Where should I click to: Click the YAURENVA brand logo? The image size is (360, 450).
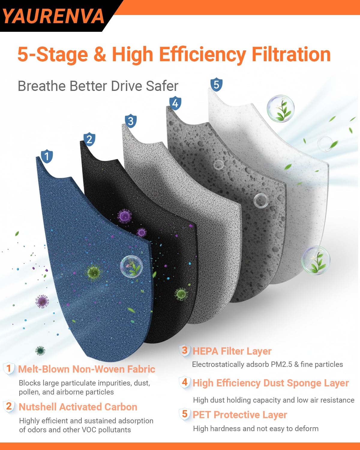53,16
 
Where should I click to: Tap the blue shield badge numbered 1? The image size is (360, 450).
47,156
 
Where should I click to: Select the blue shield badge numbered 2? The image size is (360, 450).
89,139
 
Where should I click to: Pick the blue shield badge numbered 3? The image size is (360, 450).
131,121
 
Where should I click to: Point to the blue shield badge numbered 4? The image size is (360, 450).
175,103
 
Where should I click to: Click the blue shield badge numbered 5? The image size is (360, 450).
217,85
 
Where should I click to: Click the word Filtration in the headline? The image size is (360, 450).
291,54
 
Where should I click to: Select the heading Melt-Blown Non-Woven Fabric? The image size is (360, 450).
87,369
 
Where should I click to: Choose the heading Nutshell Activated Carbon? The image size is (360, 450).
78,407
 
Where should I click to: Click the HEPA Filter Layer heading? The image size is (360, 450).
232,351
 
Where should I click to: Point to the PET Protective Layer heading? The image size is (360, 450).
240,415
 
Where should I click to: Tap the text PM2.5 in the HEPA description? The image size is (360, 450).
281,364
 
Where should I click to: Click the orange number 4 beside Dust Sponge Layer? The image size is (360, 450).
185,382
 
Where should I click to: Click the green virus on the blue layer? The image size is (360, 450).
94,272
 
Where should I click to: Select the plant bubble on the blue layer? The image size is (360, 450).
132,267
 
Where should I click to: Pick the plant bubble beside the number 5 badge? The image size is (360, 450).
280,109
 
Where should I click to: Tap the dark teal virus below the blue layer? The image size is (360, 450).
40,351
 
